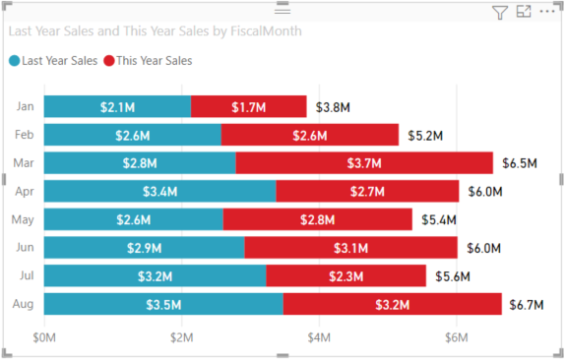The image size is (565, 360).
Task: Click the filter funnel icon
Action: coord(499,12)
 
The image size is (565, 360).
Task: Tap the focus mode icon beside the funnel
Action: coord(523,12)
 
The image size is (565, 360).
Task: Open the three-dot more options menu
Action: coord(547,12)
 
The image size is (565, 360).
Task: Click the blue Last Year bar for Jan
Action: coord(117,106)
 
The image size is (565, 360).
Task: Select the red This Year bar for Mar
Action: coord(364,163)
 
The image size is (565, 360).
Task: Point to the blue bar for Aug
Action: coord(163,305)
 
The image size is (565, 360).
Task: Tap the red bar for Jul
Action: coord(345,276)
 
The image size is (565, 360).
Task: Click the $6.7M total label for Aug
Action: coord(527,305)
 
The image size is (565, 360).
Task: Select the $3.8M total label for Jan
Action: coord(333,106)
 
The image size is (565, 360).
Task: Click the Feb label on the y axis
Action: coord(25,135)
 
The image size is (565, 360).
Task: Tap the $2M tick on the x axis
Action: coord(181,338)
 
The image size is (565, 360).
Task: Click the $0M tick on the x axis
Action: coord(45,338)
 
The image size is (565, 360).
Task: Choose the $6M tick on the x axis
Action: coord(455,338)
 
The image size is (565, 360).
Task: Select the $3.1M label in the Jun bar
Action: coord(350,248)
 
